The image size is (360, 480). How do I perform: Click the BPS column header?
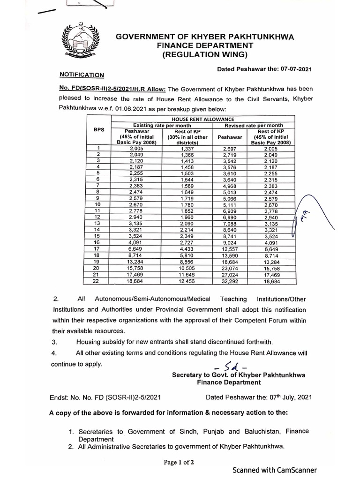pos(99,130)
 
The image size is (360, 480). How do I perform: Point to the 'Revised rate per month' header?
pos(254,125)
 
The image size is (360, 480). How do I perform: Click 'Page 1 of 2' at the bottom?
pos(179,462)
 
